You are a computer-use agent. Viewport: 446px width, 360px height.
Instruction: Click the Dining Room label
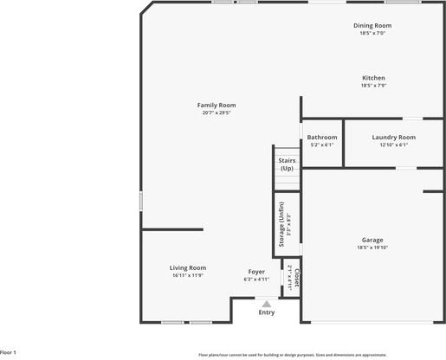[372, 25]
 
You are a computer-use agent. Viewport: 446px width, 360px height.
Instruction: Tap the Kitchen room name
[373, 78]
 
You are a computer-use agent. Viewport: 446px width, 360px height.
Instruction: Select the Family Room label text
[217, 105]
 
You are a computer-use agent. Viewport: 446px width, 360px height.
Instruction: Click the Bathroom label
[322, 137]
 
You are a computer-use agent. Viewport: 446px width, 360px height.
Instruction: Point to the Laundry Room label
[394, 137]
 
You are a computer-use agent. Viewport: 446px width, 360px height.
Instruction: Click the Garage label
[372, 240]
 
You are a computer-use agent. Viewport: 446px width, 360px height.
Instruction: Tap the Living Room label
[187, 267]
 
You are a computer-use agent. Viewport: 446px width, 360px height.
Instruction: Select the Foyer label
[256, 272]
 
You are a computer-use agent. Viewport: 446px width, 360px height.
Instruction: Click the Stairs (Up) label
[286, 164]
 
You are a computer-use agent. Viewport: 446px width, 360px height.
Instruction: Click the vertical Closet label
[296, 279]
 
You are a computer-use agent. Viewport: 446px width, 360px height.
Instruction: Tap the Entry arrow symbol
[267, 304]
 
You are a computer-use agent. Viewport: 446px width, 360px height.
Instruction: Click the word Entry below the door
[267, 312]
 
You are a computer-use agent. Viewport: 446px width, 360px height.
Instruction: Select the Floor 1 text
[9, 352]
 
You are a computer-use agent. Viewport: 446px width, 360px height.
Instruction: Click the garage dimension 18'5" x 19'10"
[372, 247]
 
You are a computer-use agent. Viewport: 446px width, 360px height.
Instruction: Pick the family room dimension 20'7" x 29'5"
[218, 112]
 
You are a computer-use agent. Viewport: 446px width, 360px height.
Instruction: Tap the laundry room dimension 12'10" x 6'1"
[393, 145]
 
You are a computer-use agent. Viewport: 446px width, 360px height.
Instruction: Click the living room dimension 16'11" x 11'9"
[187, 275]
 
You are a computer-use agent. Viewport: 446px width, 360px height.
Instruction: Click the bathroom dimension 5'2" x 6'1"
[322, 145]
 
